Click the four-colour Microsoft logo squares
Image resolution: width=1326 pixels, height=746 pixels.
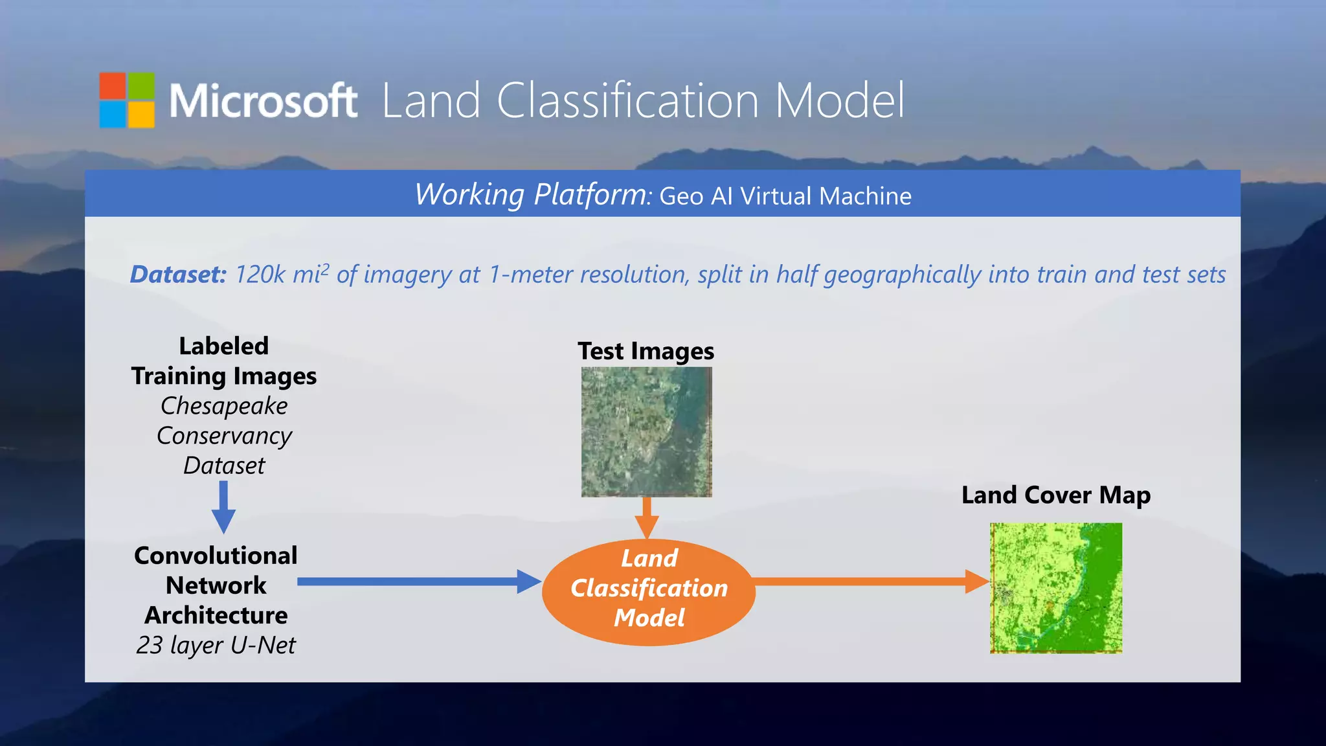pos(127,100)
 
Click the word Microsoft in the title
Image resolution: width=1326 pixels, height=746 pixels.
pos(263,101)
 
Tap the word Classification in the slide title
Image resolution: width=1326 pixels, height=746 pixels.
pos(627,101)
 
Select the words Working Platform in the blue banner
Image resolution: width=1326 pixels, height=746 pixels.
pos(531,194)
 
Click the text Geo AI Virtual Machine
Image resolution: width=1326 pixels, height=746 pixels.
pos(785,196)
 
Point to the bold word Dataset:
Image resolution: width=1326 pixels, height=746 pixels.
pos(178,275)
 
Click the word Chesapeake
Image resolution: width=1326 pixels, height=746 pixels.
pos(224,406)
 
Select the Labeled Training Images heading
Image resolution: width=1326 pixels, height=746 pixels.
pos(224,361)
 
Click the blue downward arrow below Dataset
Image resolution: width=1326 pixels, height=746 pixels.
pos(223,506)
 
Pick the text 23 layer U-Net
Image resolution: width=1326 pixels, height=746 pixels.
pos(216,645)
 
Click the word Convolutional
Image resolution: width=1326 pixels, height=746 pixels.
pos(216,556)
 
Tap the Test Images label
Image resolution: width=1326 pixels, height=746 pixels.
pos(646,351)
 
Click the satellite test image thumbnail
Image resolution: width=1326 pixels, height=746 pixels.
pos(646,432)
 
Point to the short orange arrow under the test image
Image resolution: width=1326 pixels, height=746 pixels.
pos(646,517)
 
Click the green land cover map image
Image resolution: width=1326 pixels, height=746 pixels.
pos(1056,587)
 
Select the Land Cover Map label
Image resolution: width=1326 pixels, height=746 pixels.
pos(1055,495)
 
